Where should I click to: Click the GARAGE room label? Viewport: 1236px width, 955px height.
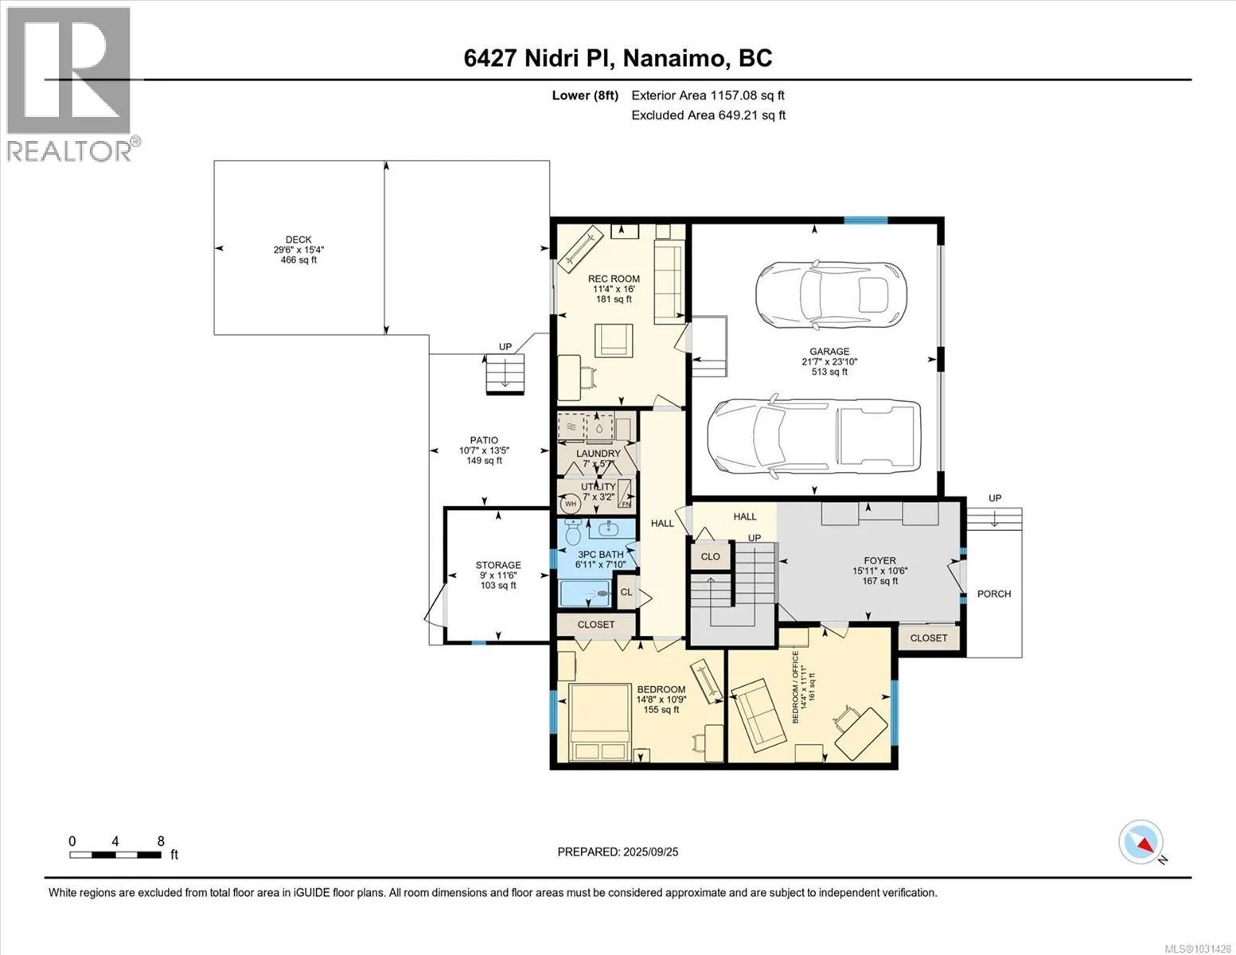tap(829, 352)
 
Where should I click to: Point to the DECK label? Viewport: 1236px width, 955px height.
tap(298, 240)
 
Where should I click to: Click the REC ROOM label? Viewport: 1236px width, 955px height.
tap(614, 279)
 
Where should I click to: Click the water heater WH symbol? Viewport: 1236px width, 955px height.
tap(570, 504)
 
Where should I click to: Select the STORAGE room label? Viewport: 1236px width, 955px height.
tap(498, 565)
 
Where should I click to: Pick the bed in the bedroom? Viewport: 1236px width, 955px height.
tap(600, 722)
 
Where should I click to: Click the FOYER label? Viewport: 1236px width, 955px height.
tap(880, 560)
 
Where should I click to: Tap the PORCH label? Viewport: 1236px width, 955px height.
tap(994, 594)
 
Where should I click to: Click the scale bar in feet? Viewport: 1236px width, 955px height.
tap(115, 854)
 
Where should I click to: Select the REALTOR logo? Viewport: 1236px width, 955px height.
tap(71, 84)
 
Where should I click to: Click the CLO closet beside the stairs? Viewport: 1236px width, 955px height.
tap(711, 556)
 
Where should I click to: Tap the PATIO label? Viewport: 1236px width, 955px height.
tap(484, 440)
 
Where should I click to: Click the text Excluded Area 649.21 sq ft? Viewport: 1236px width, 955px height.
tap(708, 115)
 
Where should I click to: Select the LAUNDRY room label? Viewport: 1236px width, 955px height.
tap(599, 454)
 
